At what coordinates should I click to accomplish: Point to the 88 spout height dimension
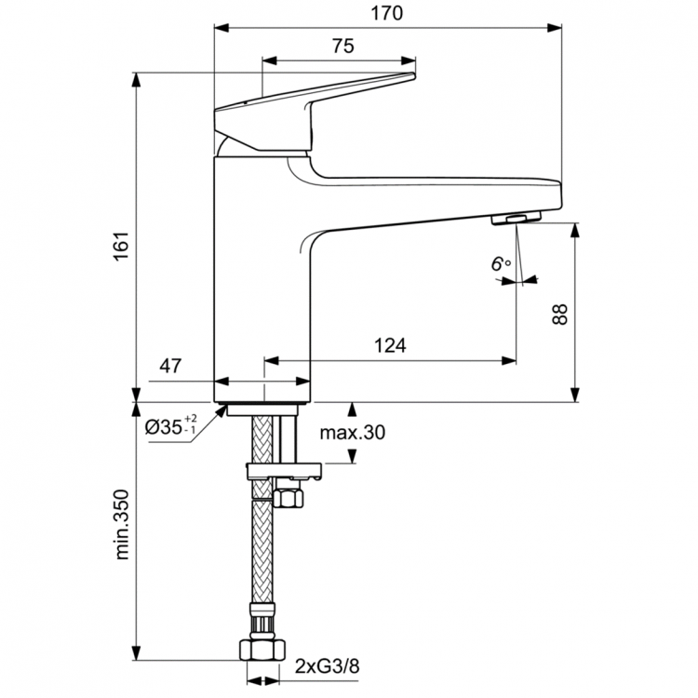click(x=558, y=313)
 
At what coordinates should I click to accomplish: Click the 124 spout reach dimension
click(x=392, y=345)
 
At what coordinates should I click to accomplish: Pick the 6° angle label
click(x=502, y=263)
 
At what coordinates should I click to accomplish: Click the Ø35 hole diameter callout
click(x=170, y=427)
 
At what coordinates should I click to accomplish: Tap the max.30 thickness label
click(x=351, y=433)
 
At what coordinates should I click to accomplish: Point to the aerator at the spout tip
click(x=510, y=218)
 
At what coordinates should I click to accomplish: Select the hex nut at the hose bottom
click(x=262, y=649)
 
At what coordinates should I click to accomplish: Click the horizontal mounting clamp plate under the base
click(x=283, y=471)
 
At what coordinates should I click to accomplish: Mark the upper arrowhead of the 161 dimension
click(x=137, y=77)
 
